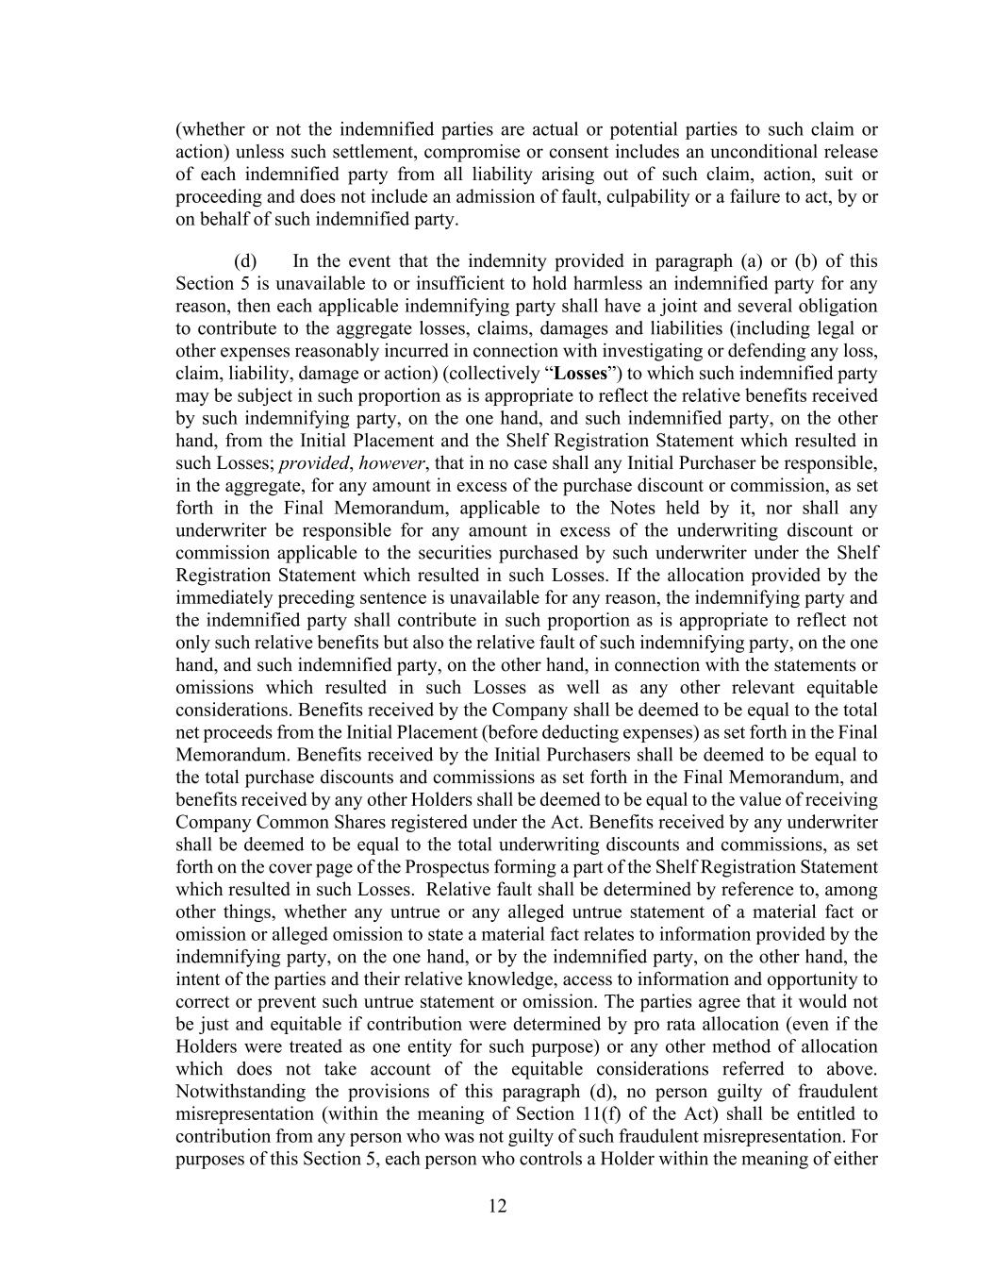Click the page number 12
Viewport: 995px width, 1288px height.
(498, 1205)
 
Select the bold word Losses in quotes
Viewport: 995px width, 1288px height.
(579, 374)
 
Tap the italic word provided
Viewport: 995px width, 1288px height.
(314, 463)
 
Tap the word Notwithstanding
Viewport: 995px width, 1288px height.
(236, 1092)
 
